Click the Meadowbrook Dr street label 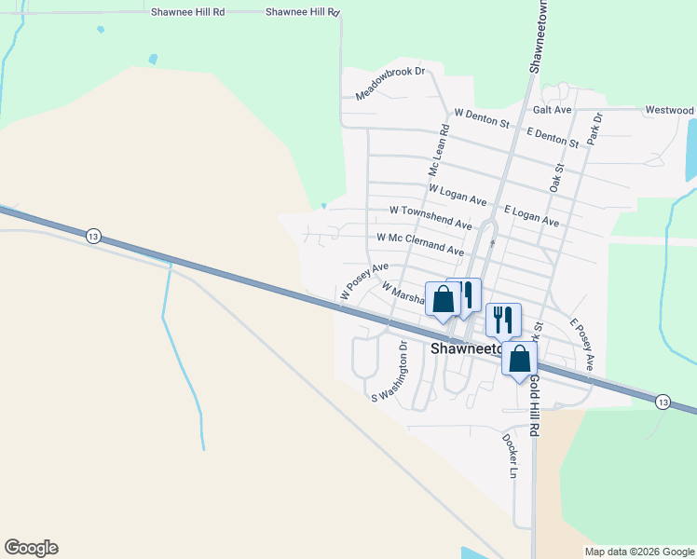[389, 84]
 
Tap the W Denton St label [482, 118]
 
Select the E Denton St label [553, 136]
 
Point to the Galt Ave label [551, 110]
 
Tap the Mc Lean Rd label [438, 153]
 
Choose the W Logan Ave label [458, 195]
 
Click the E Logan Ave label [531, 217]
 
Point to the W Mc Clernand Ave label [420, 244]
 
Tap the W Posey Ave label [363, 280]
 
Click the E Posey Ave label [582, 345]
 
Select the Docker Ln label [509, 455]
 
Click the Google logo [31, 548]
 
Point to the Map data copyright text [639, 552]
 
